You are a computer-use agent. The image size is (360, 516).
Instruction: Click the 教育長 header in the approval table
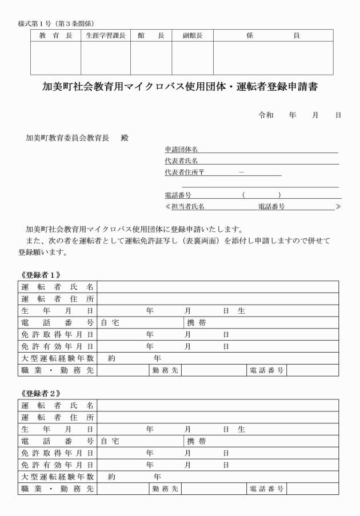click(55, 35)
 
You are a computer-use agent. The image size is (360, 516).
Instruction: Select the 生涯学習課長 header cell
click(106, 35)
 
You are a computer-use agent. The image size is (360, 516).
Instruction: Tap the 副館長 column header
click(192, 35)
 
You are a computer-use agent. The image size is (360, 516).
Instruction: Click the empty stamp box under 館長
click(151, 58)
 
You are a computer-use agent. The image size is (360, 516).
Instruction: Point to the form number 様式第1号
click(35, 23)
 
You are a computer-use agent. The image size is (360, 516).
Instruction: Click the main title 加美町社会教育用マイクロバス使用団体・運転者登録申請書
click(180, 87)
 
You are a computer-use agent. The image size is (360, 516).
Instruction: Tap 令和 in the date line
click(266, 115)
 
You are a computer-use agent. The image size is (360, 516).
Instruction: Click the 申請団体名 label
click(178, 149)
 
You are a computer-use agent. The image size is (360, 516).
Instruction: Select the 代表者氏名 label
click(178, 161)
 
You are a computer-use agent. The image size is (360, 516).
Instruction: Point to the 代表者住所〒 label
click(181, 172)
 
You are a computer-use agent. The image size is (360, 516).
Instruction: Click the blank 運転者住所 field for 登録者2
click(217, 417)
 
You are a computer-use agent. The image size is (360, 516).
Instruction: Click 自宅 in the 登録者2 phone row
click(110, 442)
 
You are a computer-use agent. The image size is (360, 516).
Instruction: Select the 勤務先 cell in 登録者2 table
click(165, 489)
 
